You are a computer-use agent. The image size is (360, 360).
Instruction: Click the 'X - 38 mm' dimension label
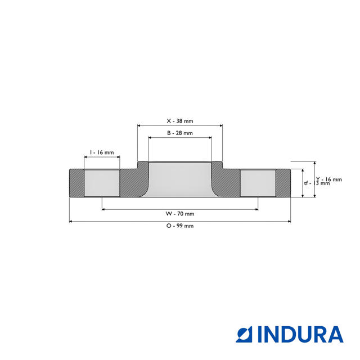(x=179, y=121)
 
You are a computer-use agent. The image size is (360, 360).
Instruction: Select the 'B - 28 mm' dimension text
(x=179, y=133)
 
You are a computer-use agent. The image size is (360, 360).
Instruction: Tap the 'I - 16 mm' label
(x=102, y=152)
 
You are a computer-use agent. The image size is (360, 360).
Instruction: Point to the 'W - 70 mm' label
(x=179, y=214)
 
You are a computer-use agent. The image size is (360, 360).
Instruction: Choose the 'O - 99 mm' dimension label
(x=179, y=226)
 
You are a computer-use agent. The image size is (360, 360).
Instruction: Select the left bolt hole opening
(x=102, y=183)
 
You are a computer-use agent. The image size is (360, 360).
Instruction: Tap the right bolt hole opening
(x=258, y=183)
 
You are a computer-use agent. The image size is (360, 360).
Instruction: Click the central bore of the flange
(x=179, y=180)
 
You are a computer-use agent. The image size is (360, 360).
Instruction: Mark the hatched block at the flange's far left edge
(x=76, y=183)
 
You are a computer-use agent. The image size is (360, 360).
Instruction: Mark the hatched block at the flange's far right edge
(x=283, y=183)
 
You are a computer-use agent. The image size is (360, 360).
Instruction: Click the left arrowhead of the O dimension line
(x=71, y=222)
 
